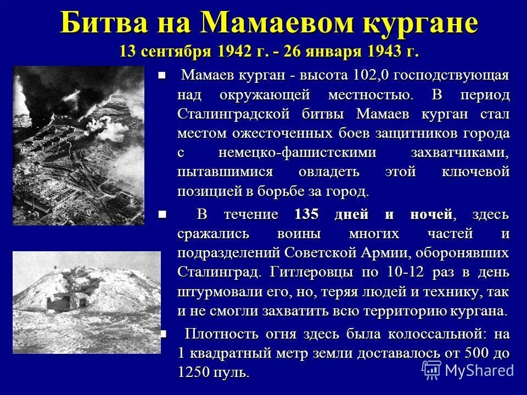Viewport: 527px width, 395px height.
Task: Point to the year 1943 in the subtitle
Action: [395, 52]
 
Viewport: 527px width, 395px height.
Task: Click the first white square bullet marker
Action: [161, 76]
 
